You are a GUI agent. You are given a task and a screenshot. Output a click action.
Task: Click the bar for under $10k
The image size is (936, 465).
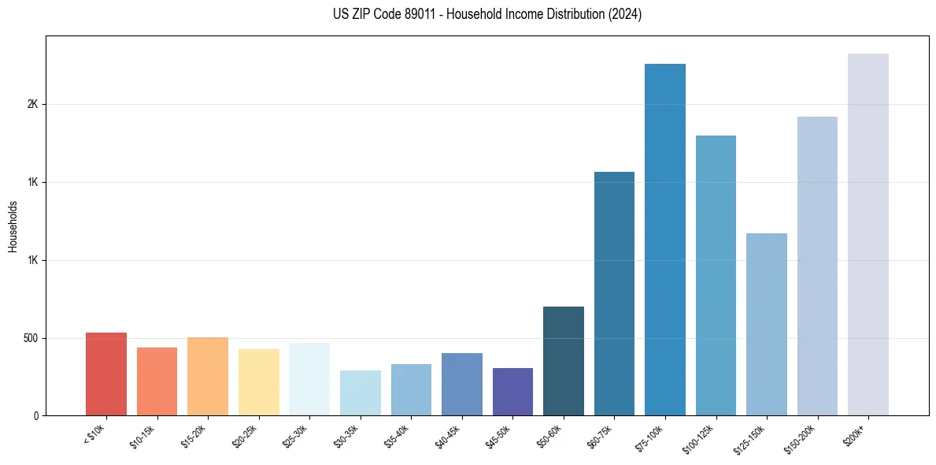click(106, 374)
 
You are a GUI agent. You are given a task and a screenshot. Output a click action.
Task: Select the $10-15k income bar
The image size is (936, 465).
click(157, 381)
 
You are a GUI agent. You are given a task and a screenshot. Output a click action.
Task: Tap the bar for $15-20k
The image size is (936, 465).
click(208, 377)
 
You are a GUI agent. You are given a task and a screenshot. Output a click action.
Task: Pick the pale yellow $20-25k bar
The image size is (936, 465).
click(258, 382)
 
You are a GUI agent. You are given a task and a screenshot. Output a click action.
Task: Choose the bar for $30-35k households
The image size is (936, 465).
click(360, 393)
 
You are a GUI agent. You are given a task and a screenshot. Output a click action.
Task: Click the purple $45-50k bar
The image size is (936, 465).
click(512, 392)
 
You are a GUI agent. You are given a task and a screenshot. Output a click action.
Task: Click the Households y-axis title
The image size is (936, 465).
click(13, 226)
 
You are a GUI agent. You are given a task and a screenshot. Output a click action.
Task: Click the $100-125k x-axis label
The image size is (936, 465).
click(703, 436)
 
